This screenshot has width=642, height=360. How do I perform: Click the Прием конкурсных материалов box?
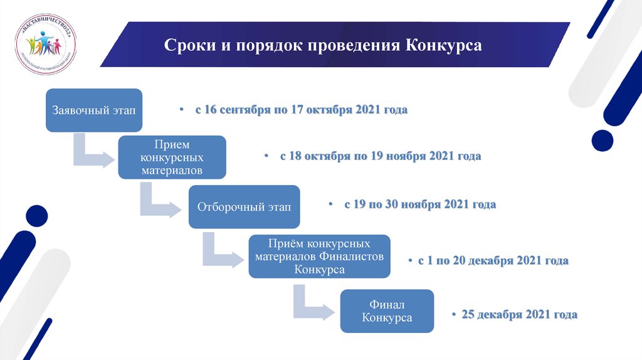[x=172, y=157]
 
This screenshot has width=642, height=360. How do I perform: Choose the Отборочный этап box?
[x=244, y=208]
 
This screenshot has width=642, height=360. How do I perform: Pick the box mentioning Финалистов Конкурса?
[x=319, y=256]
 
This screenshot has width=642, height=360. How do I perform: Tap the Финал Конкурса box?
[x=386, y=311]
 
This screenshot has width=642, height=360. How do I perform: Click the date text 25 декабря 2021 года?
[x=519, y=314]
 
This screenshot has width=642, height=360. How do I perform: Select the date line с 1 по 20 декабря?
[x=493, y=260]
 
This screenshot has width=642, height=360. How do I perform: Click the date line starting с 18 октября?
[x=381, y=156]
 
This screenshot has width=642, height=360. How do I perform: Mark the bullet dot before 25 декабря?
[x=453, y=315]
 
